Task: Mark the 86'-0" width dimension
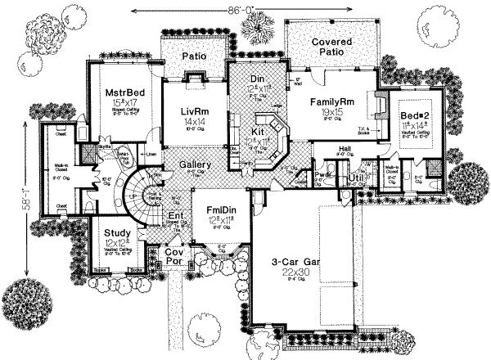(x=248, y=11)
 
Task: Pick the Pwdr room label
(x=322, y=174)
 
